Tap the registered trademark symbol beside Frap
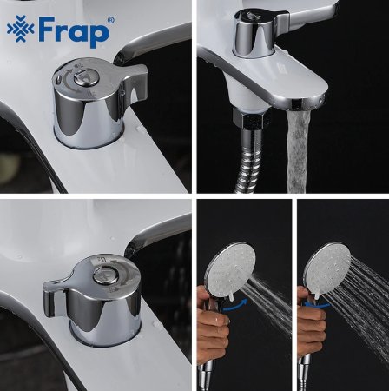pyautogui.click(x=109, y=20)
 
